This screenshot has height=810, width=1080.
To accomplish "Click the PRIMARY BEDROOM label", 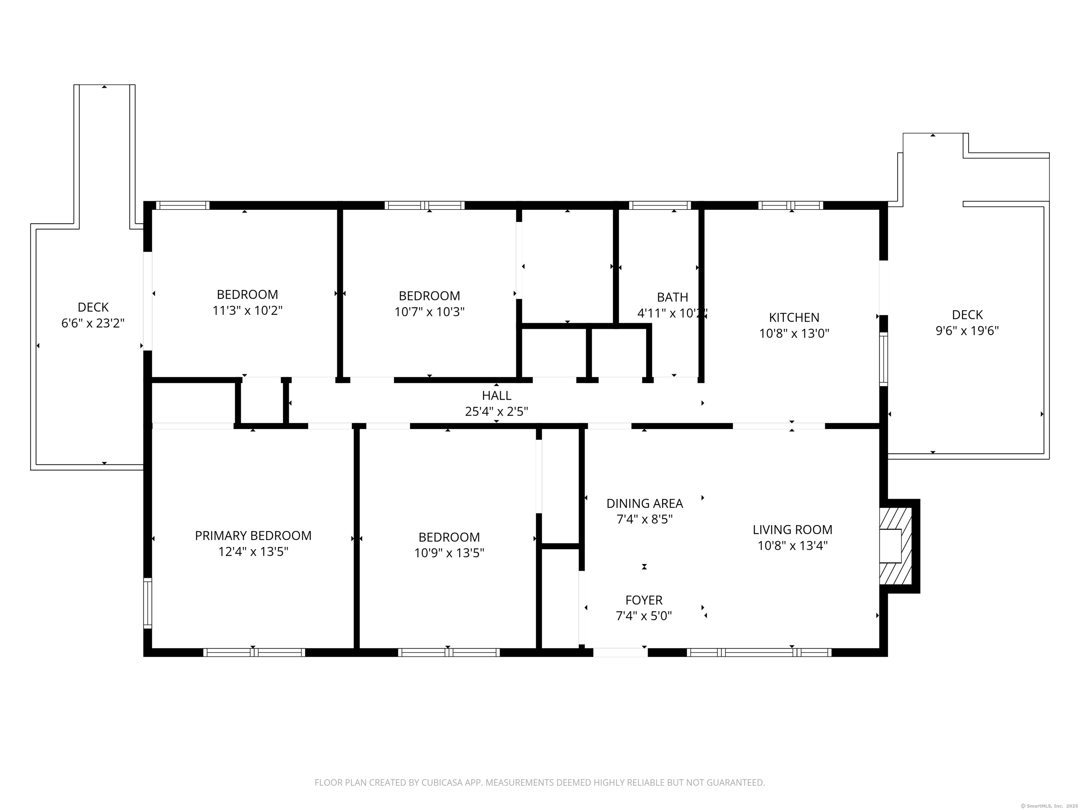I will tap(253, 536).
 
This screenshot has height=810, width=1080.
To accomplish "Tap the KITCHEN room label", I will tap(794, 317).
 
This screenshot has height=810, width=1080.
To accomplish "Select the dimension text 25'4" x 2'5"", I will tap(496, 412).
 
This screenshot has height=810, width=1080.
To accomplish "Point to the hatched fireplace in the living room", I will tap(895, 546).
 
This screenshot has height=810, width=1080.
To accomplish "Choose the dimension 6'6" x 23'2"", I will tap(93, 323).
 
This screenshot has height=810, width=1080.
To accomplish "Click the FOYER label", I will tap(644, 600).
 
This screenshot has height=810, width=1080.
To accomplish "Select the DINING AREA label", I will tap(644, 503).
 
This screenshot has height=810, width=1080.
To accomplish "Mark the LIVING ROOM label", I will tap(792, 530).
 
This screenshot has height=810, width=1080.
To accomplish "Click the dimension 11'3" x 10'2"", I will tap(247, 310).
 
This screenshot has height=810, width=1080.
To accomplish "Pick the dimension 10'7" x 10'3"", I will tap(429, 311).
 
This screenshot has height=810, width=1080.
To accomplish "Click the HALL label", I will tap(496, 396).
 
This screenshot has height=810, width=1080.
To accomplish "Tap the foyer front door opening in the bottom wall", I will tap(620, 652).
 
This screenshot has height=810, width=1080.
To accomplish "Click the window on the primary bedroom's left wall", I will tap(147, 603).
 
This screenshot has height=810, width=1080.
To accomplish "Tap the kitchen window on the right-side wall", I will tap(883, 359).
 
